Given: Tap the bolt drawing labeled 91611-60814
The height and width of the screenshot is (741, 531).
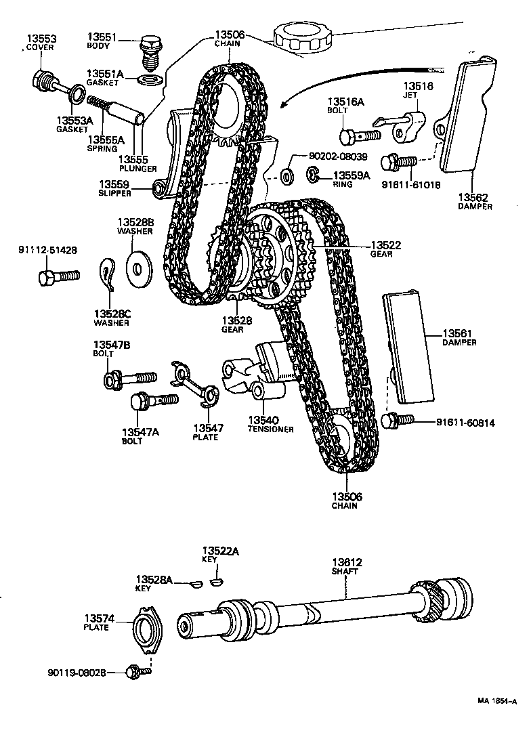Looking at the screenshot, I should (398, 420).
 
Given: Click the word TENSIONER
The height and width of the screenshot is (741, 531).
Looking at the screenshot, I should (270, 429).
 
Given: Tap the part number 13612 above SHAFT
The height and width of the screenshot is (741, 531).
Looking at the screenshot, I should (347, 562).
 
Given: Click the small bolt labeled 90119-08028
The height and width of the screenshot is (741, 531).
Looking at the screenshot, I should (136, 671).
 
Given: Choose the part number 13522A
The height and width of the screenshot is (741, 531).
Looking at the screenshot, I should (220, 551).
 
